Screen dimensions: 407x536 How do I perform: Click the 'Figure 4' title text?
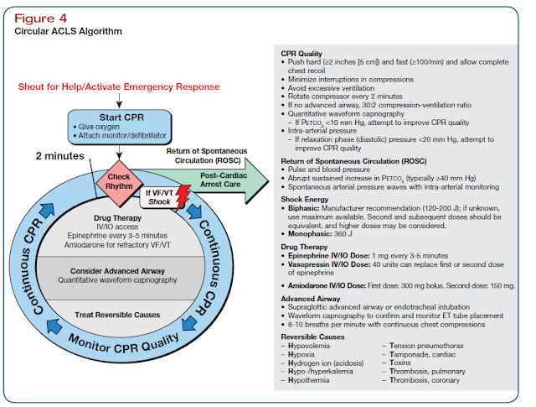(39, 16)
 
